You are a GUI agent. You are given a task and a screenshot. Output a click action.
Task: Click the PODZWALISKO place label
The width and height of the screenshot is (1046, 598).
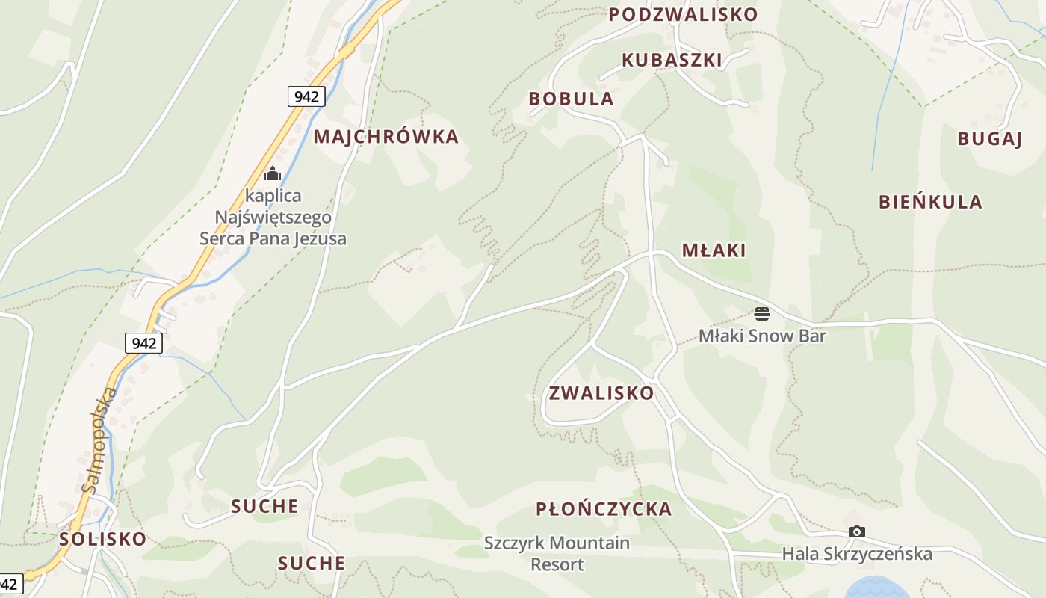point(683,15)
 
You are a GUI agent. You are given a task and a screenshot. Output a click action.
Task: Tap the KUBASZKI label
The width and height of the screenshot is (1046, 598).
point(672,60)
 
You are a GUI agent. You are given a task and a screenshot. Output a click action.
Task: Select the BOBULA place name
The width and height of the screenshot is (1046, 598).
point(571,99)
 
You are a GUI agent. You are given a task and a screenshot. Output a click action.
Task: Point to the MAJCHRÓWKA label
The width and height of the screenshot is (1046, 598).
point(386,137)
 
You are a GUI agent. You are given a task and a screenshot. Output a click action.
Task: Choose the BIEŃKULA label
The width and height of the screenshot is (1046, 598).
point(930,202)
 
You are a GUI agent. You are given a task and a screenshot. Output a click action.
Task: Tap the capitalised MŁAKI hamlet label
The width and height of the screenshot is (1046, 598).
point(714,250)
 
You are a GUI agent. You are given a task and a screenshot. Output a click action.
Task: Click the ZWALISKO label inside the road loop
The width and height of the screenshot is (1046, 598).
point(601,393)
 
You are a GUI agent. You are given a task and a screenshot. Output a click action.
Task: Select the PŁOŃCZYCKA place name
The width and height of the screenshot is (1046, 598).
point(604,510)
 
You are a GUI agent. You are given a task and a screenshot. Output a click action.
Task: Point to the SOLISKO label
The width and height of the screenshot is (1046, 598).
point(103,540)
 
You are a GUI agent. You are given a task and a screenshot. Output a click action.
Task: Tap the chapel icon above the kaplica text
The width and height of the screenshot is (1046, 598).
point(273,174)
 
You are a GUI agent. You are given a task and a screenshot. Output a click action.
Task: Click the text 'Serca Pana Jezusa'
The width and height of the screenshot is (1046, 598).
point(273,239)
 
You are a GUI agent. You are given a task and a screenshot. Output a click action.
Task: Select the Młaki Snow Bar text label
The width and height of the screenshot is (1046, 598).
point(762,336)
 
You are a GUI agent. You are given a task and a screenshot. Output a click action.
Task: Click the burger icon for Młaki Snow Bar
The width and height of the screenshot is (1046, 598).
point(762,313)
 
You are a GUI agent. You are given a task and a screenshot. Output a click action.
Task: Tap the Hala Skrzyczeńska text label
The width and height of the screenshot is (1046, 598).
point(857,554)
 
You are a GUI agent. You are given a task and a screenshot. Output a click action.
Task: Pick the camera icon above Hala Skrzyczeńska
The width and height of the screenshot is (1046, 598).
point(857,532)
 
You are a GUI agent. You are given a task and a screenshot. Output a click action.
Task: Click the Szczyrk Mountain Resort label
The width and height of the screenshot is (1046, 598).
point(557,553)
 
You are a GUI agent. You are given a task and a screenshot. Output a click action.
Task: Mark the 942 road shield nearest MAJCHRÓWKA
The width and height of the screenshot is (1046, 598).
point(306,96)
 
